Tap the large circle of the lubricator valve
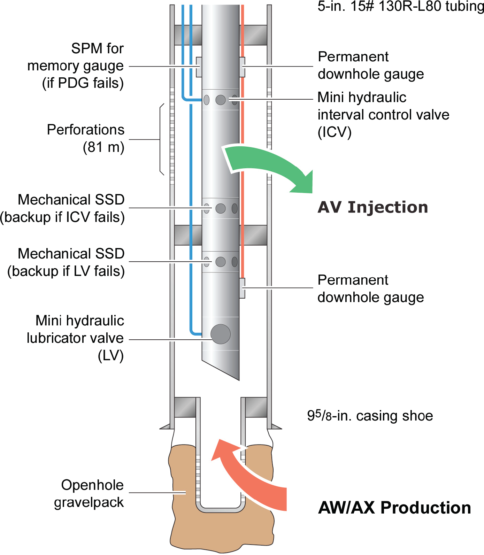(x=221, y=334)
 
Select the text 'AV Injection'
(x=372, y=207)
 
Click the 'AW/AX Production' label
(x=394, y=508)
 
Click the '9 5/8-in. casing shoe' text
(x=370, y=416)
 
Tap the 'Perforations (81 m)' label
(x=86, y=138)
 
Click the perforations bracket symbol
(x=161, y=139)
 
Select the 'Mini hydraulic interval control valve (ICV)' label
(x=383, y=115)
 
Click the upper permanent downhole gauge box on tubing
(x=242, y=67)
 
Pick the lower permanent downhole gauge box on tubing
(x=242, y=288)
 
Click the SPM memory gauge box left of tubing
(x=199, y=67)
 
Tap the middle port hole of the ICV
(x=221, y=100)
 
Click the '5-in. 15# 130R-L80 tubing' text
(x=400, y=6)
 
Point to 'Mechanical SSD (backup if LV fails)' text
(x=66, y=262)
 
